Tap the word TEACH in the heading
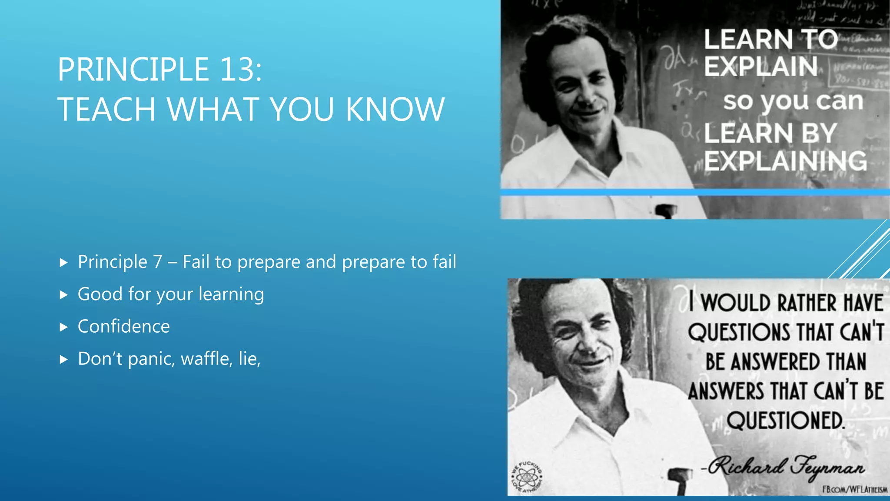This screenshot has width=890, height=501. pyautogui.click(x=106, y=109)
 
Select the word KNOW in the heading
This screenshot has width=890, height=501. pyautogui.click(x=395, y=109)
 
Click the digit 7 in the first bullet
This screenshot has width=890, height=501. pyautogui.click(x=157, y=262)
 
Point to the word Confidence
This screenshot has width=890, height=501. pyautogui.click(x=123, y=327)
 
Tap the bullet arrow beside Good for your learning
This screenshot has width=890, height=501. pyautogui.click(x=64, y=295)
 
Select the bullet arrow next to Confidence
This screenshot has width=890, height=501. pyautogui.click(x=64, y=327)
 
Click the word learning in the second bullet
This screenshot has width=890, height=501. pyautogui.click(x=231, y=294)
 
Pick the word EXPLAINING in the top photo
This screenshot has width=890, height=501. pyautogui.click(x=785, y=161)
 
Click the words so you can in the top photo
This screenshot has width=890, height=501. pyautogui.click(x=793, y=101)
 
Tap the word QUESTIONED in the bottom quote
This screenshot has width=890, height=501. pyautogui.click(x=785, y=421)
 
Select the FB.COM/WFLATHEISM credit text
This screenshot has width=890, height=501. pyautogui.click(x=854, y=490)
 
